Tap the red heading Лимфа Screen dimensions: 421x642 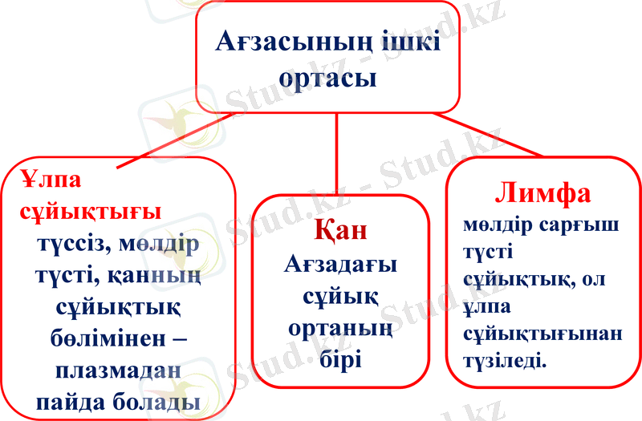click(543, 193)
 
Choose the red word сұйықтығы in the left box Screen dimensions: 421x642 click(91, 212)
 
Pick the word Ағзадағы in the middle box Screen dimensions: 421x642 click(341, 265)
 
